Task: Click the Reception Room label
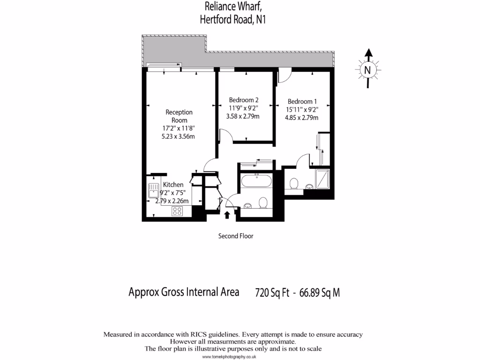pyautogui.click(x=179, y=116)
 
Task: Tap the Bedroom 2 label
pyautogui.click(x=244, y=100)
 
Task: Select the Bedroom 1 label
pyautogui.click(x=302, y=101)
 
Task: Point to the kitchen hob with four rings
pyautogui.click(x=178, y=211)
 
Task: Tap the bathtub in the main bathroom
pyautogui.click(x=256, y=181)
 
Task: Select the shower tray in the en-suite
pyautogui.click(x=323, y=179)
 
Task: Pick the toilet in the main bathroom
pyautogui.click(x=263, y=202)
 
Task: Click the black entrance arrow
pyautogui.click(x=227, y=215)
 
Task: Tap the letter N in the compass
pyautogui.click(x=368, y=70)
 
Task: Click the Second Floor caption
pyautogui.click(x=236, y=236)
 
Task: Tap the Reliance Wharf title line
pyautogui.click(x=230, y=7)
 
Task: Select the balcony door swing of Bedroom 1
pyautogui.click(x=284, y=75)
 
